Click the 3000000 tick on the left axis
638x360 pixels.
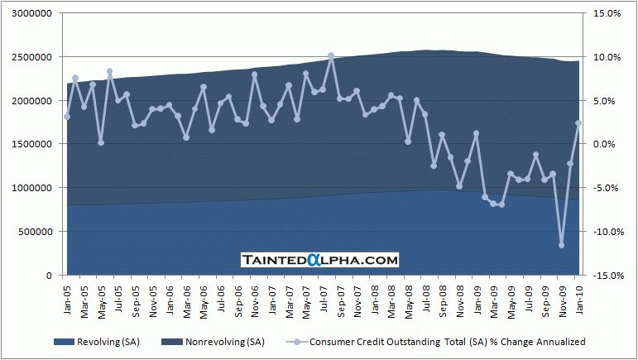point(31,14)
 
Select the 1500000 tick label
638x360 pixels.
point(31,145)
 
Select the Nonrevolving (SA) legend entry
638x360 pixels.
point(206,342)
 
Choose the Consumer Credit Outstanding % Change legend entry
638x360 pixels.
point(438,342)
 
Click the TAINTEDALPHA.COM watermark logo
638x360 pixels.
point(319,260)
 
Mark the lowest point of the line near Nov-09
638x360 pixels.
point(562,245)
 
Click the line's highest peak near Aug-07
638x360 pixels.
point(331,55)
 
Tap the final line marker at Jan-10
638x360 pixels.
point(579,123)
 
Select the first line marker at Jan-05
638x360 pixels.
point(67,117)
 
